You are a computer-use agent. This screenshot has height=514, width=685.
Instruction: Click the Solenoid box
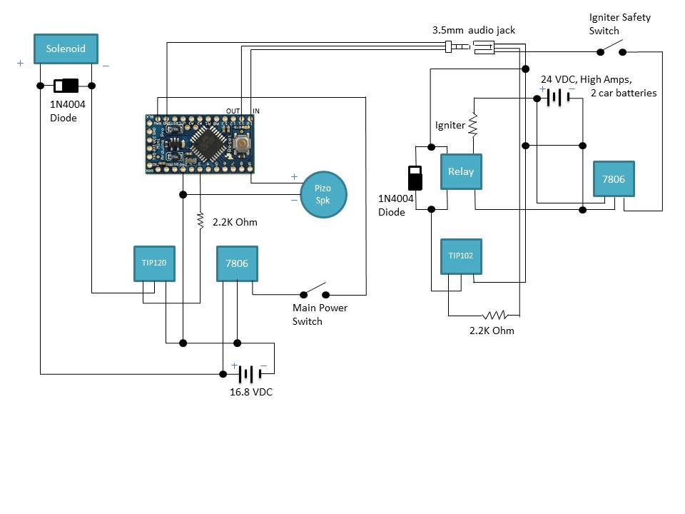66,49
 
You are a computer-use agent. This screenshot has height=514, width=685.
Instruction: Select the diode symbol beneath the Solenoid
66,86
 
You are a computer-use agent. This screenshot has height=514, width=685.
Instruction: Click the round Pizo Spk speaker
324,194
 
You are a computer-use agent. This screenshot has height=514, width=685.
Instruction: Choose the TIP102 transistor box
461,256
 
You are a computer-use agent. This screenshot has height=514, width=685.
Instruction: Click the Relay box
461,171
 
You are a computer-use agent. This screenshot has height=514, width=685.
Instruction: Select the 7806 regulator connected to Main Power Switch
237,263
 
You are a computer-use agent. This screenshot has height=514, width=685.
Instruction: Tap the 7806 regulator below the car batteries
614,179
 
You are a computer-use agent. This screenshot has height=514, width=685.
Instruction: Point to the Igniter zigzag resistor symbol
472,124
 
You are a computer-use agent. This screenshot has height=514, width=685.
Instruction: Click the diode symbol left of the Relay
414,178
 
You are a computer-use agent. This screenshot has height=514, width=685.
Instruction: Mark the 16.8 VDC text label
250,393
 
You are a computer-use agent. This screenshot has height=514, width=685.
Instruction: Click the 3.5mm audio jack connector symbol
470,48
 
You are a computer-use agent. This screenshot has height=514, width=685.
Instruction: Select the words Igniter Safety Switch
619,24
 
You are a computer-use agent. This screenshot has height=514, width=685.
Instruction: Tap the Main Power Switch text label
320,314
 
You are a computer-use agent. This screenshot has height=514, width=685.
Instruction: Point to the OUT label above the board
233,111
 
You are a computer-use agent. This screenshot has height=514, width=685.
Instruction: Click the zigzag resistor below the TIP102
494,315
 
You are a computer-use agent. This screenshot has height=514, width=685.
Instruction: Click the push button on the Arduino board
243,146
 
